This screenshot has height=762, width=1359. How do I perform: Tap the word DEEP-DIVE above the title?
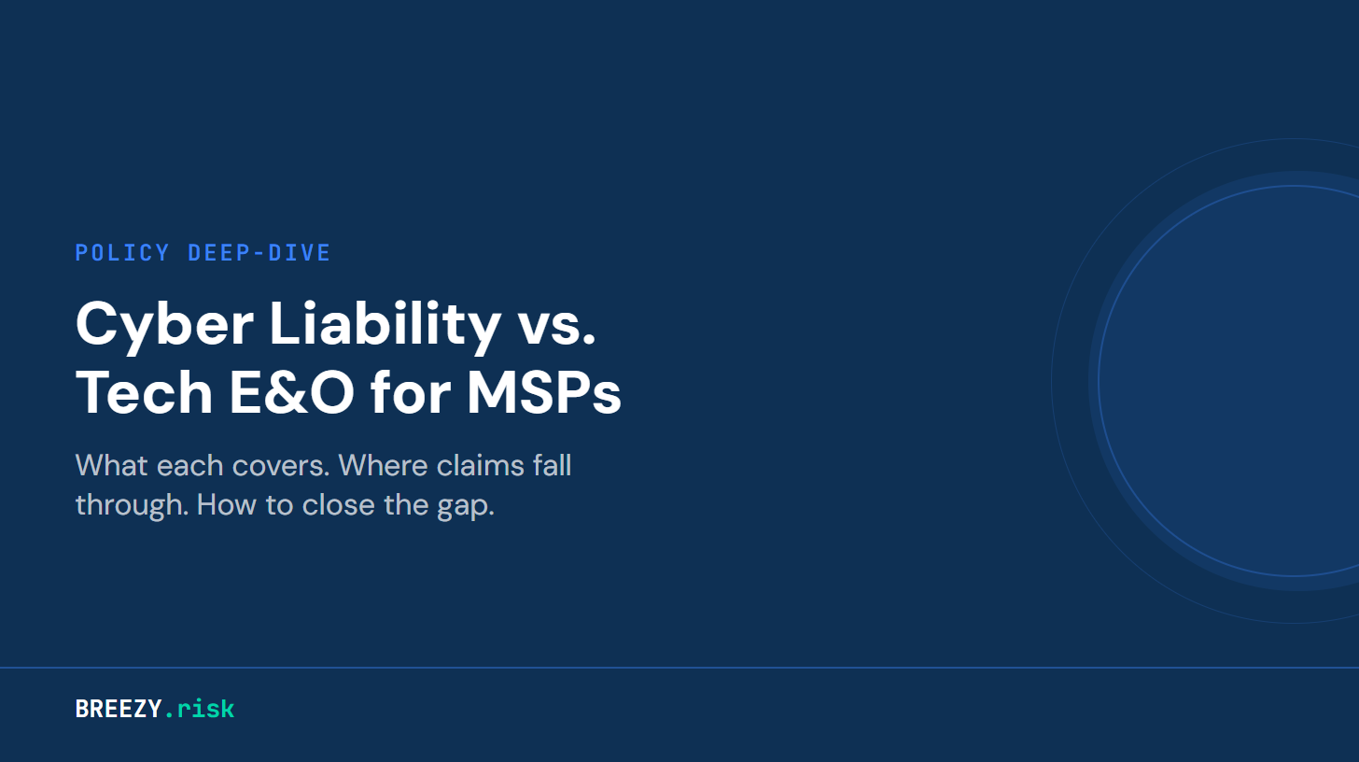pos(259,253)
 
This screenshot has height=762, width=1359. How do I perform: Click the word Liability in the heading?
pos(385,325)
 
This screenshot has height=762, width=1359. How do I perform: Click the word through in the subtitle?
pos(130,506)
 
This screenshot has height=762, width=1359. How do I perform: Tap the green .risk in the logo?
pos(200,709)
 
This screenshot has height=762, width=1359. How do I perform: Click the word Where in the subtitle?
pos(379,465)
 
